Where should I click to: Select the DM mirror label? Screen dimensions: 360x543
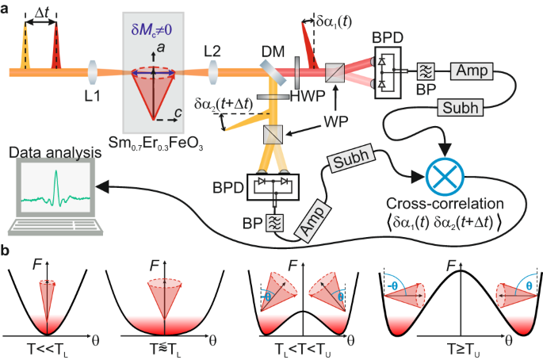269,51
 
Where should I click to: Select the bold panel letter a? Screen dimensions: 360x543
6,8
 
